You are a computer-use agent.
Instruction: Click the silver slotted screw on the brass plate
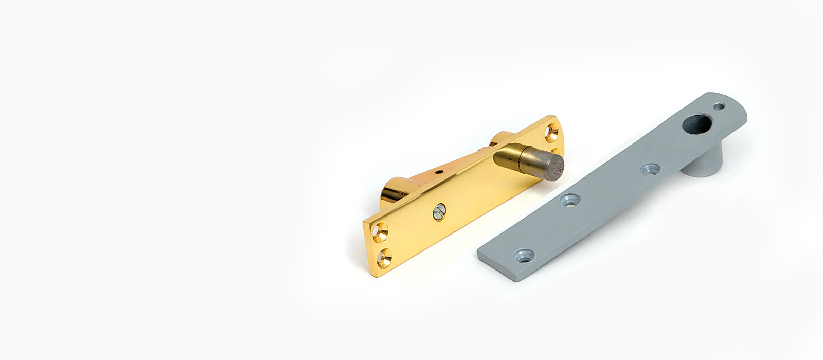tap(438, 210)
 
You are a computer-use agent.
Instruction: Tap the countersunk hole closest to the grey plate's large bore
tap(650, 169)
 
